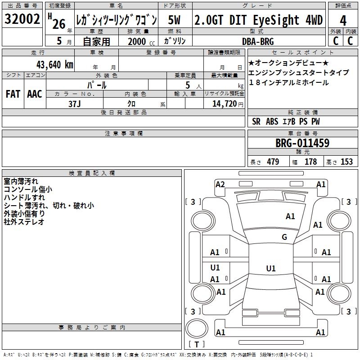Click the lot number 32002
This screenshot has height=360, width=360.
tap(22, 19)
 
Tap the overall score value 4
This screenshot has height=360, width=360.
tap(343, 20)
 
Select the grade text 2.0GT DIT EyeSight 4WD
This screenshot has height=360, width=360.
tap(258, 20)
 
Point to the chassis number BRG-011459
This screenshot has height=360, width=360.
tap(302, 143)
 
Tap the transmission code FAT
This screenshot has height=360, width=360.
tap(13, 94)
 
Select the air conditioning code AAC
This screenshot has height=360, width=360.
tap(34, 94)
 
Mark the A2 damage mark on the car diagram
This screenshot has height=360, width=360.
tap(220, 184)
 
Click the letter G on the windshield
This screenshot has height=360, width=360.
tap(284, 237)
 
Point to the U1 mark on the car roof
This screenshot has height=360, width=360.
tap(270, 269)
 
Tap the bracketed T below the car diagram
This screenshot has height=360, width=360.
tap(196, 344)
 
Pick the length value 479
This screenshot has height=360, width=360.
tap(272, 162)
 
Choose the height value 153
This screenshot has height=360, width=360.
tap(346, 162)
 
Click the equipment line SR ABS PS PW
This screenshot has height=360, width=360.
tap(286, 121)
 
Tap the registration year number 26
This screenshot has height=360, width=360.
tap(58, 23)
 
